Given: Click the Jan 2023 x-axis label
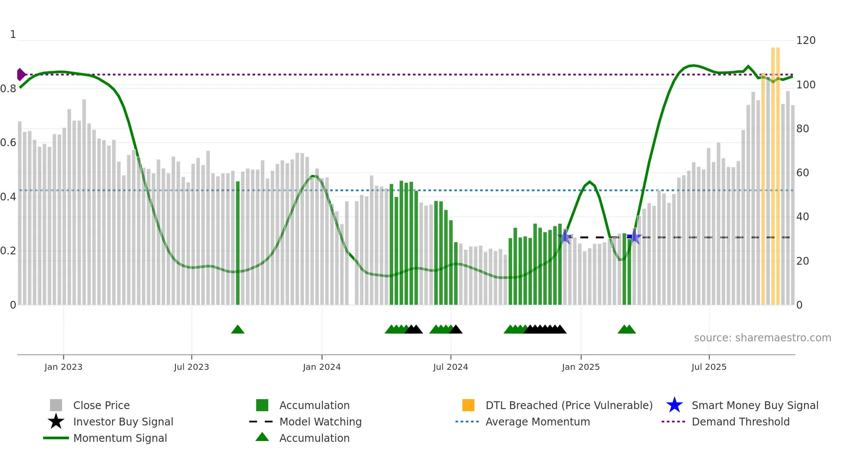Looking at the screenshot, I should [63, 367].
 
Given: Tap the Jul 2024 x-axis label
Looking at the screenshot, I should [451, 367].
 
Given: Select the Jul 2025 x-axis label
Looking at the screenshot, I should [709, 367].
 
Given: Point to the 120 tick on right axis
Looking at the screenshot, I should [806, 41].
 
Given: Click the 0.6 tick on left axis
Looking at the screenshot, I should [8, 143].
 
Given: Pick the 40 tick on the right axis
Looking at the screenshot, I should [802, 217].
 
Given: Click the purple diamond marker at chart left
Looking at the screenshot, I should [21, 75].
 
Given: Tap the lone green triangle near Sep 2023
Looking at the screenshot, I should [238, 330].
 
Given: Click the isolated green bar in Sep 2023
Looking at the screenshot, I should [238, 241].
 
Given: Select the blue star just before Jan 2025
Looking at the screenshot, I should [565, 237].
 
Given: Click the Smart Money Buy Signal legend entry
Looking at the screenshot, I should [754, 405].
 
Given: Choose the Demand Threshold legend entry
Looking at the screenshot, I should [740, 422].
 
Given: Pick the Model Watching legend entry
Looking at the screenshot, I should [320, 422].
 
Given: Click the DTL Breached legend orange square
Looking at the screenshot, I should [468, 405].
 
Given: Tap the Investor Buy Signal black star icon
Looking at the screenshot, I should [56, 422].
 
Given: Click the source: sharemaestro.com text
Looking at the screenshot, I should [762, 338].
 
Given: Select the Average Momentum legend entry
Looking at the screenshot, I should [537, 422].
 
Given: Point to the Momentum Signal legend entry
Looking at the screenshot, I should [119, 438].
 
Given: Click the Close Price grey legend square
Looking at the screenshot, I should [56, 405].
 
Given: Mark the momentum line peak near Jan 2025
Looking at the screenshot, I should [590, 182].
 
